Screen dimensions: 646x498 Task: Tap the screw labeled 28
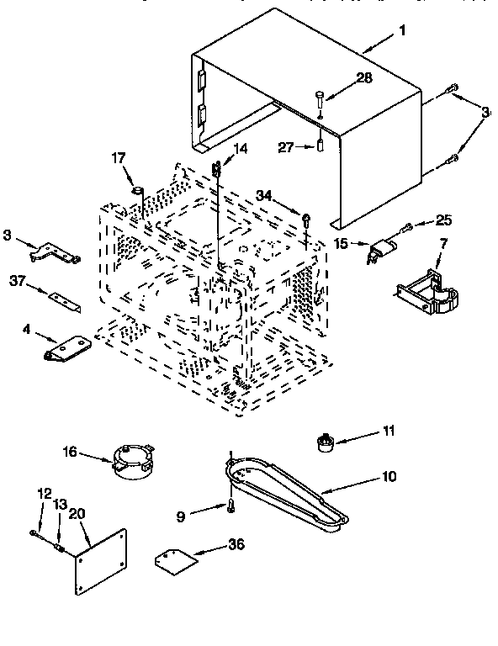tap(321, 98)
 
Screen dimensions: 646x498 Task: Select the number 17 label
tap(119, 156)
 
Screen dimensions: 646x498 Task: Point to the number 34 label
tap(265, 196)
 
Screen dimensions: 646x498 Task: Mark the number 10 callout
tap(388, 476)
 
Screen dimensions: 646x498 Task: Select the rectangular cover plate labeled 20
tap(100, 564)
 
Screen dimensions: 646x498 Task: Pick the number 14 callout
tap(241, 149)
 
